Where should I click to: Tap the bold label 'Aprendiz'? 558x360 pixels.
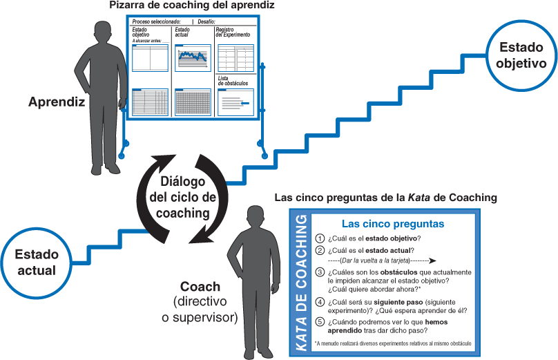pyautogui.click(x=56, y=102)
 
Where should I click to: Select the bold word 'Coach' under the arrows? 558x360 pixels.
pyautogui.click(x=200, y=287)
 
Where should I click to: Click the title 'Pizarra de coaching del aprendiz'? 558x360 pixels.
pyautogui.click(x=192, y=6)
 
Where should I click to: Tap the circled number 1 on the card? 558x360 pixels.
pyautogui.click(x=319, y=238)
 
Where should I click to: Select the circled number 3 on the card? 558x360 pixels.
pyautogui.click(x=319, y=272)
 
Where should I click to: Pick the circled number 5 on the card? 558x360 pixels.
pyautogui.click(x=319, y=321)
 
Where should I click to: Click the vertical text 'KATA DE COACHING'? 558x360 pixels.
pyautogui.click(x=301, y=283)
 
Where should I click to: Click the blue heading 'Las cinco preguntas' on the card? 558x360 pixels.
pyautogui.click(x=393, y=224)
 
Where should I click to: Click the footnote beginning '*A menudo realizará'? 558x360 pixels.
pyautogui.click(x=392, y=343)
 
